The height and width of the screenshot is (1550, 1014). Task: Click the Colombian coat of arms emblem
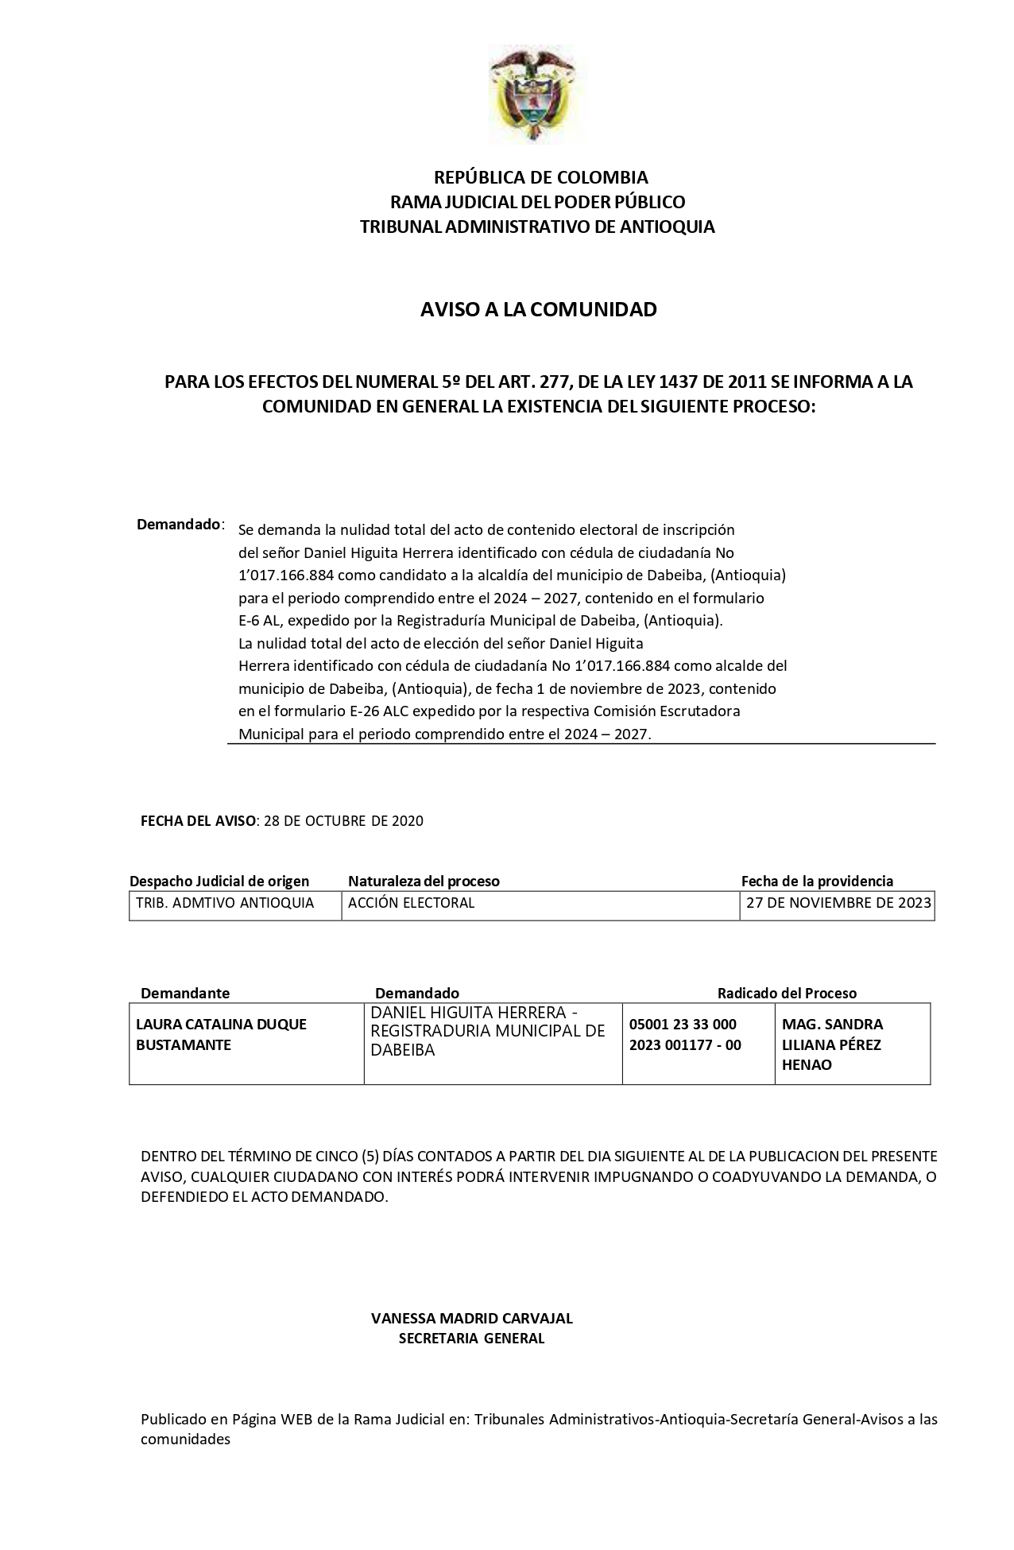pos(532,93)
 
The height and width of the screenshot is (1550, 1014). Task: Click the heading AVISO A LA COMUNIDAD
pos(538,309)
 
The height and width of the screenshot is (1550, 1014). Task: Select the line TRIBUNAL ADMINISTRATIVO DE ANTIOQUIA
pos(537,227)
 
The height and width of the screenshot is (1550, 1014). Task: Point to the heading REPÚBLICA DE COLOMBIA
pos(540,176)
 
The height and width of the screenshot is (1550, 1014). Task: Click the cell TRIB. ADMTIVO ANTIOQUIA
pos(225,903)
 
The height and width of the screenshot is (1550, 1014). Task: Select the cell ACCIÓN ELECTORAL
pos(411,903)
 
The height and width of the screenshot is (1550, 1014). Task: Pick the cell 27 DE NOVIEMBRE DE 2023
pos(838,903)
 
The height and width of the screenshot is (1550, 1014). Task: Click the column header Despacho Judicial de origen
pos(219,881)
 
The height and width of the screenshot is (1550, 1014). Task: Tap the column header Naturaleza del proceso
pos(424,881)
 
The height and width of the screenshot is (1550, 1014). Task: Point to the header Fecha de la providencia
pos(817,881)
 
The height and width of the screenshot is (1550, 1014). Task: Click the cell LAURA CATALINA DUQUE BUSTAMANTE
pos(221,1034)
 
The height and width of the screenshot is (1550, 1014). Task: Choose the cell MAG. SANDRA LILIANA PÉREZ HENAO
pos(832,1044)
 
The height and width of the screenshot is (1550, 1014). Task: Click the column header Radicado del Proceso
pos(787,993)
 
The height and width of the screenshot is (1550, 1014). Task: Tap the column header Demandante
pos(185,993)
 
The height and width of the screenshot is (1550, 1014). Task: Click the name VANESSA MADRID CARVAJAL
pos(471,1318)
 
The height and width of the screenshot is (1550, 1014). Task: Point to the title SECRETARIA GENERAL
pos(471,1338)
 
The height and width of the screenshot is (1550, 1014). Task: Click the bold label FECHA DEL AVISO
pos(199,821)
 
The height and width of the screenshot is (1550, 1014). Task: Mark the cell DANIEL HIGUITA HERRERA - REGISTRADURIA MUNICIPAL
pos(488,1031)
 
